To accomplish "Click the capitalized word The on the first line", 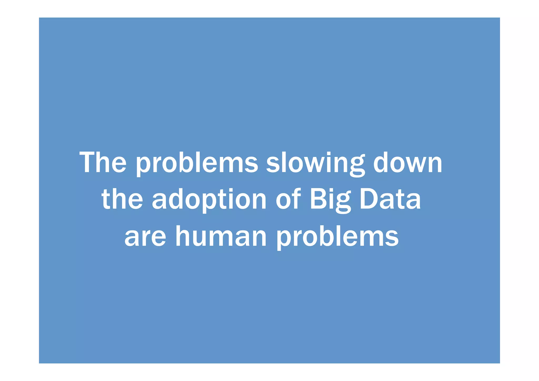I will [103, 162].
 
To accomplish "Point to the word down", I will [408, 162].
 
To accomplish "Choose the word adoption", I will [209, 200].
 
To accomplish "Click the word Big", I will [330, 200].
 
